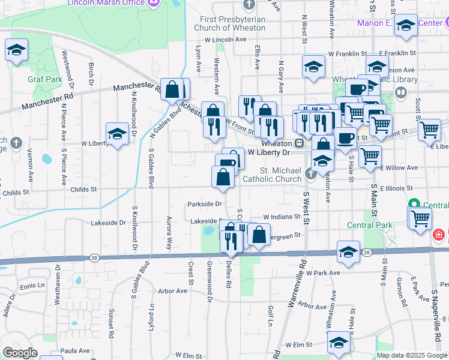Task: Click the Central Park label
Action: (x=370, y=226)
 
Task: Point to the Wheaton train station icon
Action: (x=298, y=144)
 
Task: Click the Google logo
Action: (x=20, y=353)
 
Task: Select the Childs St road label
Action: (x=83, y=190)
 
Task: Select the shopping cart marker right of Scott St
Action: (x=430, y=130)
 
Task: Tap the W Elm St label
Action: (x=300, y=345)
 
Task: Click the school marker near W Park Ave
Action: (x=348, y=253)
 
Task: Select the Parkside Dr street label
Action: (x=205, y=203)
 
